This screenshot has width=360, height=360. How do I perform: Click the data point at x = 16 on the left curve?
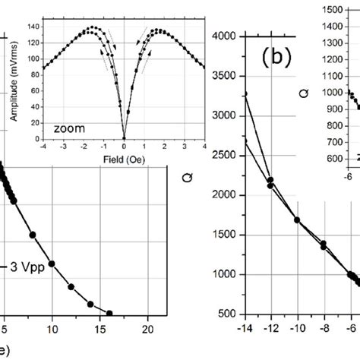[109, 313]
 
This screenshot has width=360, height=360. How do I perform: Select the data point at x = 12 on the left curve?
[71, 287]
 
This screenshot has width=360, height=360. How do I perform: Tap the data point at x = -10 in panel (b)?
[297, 220]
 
